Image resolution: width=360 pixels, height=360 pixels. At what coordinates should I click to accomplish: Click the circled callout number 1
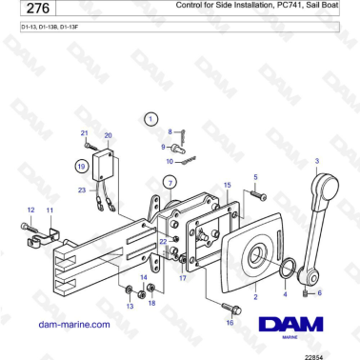click(150, 119)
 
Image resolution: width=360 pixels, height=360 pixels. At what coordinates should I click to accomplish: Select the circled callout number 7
click(170, 182)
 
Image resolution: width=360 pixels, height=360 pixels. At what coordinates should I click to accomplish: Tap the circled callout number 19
click(83, 165)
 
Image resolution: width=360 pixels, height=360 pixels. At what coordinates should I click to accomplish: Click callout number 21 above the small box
click(84, 133)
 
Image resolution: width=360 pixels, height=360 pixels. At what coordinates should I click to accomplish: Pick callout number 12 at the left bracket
click(30, 210)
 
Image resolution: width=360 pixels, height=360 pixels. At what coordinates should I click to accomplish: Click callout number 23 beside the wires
click(83, 190)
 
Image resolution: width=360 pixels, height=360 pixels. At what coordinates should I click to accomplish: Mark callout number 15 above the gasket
click(227, 185)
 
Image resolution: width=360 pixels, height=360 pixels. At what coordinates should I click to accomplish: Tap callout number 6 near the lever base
click(319, 293)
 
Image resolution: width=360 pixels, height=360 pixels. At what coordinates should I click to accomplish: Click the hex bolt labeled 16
click(230, 307)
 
